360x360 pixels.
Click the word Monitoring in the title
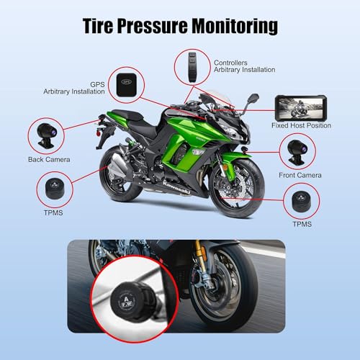coord(235,26)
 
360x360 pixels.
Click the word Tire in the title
coord(98,25)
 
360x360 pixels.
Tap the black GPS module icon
coord(127,85)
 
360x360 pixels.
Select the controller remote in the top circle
coord(192,68)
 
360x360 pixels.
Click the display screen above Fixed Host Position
coord(301,108)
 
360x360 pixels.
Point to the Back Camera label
coord(49,159)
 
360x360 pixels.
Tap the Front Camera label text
coord(300,175)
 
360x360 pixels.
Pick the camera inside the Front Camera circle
coord(297,152)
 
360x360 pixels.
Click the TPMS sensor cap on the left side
coord(55,189)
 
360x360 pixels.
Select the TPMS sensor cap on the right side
coord(302,201)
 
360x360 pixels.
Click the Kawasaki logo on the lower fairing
coord(177,188)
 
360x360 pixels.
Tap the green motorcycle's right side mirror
coord(253,99)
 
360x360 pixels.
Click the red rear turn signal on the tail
coord(99,132)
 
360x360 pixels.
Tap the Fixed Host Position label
coord(302,125)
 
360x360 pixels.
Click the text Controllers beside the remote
coord(230,63)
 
